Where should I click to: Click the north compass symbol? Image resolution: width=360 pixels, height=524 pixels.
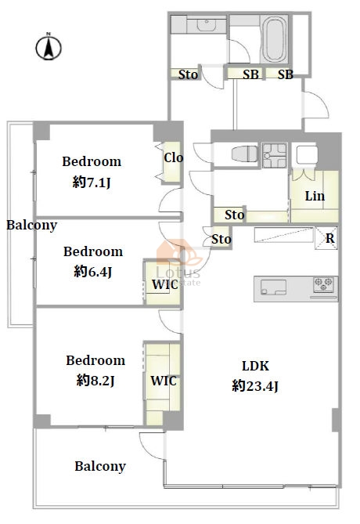pos(49,47)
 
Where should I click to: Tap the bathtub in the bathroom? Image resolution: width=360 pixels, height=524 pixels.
pos(274,39)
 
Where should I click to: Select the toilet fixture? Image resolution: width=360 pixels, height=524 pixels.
pos(245,154)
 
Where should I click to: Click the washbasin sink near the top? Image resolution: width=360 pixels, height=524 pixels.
pos(207,25)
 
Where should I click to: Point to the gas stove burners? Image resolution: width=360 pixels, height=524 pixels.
pos(323,284)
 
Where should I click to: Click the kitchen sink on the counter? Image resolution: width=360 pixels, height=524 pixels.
pos(273,287)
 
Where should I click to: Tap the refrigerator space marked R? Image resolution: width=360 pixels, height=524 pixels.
pos(326,238)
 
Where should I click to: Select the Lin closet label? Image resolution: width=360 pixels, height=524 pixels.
pos(315,196)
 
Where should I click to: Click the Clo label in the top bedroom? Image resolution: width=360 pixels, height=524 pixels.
pos(173,157)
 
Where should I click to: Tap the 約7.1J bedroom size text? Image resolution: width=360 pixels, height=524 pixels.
pos(92,182)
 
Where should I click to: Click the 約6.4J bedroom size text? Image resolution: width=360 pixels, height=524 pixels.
pos(93,272)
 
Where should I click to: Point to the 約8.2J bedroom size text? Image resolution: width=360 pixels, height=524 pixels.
pos(95,381)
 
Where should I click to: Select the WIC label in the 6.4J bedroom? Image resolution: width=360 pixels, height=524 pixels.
pos(164,285)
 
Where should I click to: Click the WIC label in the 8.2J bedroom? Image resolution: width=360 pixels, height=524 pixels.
pos(164,381)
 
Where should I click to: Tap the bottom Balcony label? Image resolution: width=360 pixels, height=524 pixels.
pos(100,467)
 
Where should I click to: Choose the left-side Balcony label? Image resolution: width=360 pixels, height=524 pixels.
pos(32,226)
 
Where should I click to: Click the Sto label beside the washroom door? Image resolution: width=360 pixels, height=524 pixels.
pos(188,74)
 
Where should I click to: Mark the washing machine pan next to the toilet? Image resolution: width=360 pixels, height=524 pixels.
pos(275,155)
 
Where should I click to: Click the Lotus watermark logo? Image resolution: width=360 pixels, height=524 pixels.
pos(179,264)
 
